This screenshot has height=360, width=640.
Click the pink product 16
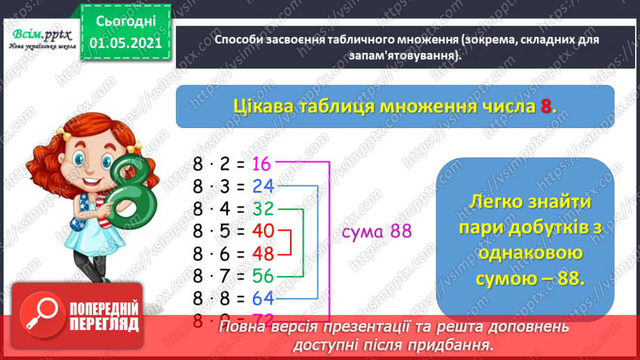click(261, 164)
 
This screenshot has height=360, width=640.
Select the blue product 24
click(263, 186)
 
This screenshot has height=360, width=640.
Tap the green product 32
click(263, 208)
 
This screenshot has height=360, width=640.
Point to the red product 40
click(263, 231)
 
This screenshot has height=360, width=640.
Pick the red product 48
click(263, 253)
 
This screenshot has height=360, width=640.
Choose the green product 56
click(263, 276)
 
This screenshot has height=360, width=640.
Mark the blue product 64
click(263, 299)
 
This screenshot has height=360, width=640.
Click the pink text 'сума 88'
click(376, 232)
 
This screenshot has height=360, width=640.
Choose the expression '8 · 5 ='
click(219, 231)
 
